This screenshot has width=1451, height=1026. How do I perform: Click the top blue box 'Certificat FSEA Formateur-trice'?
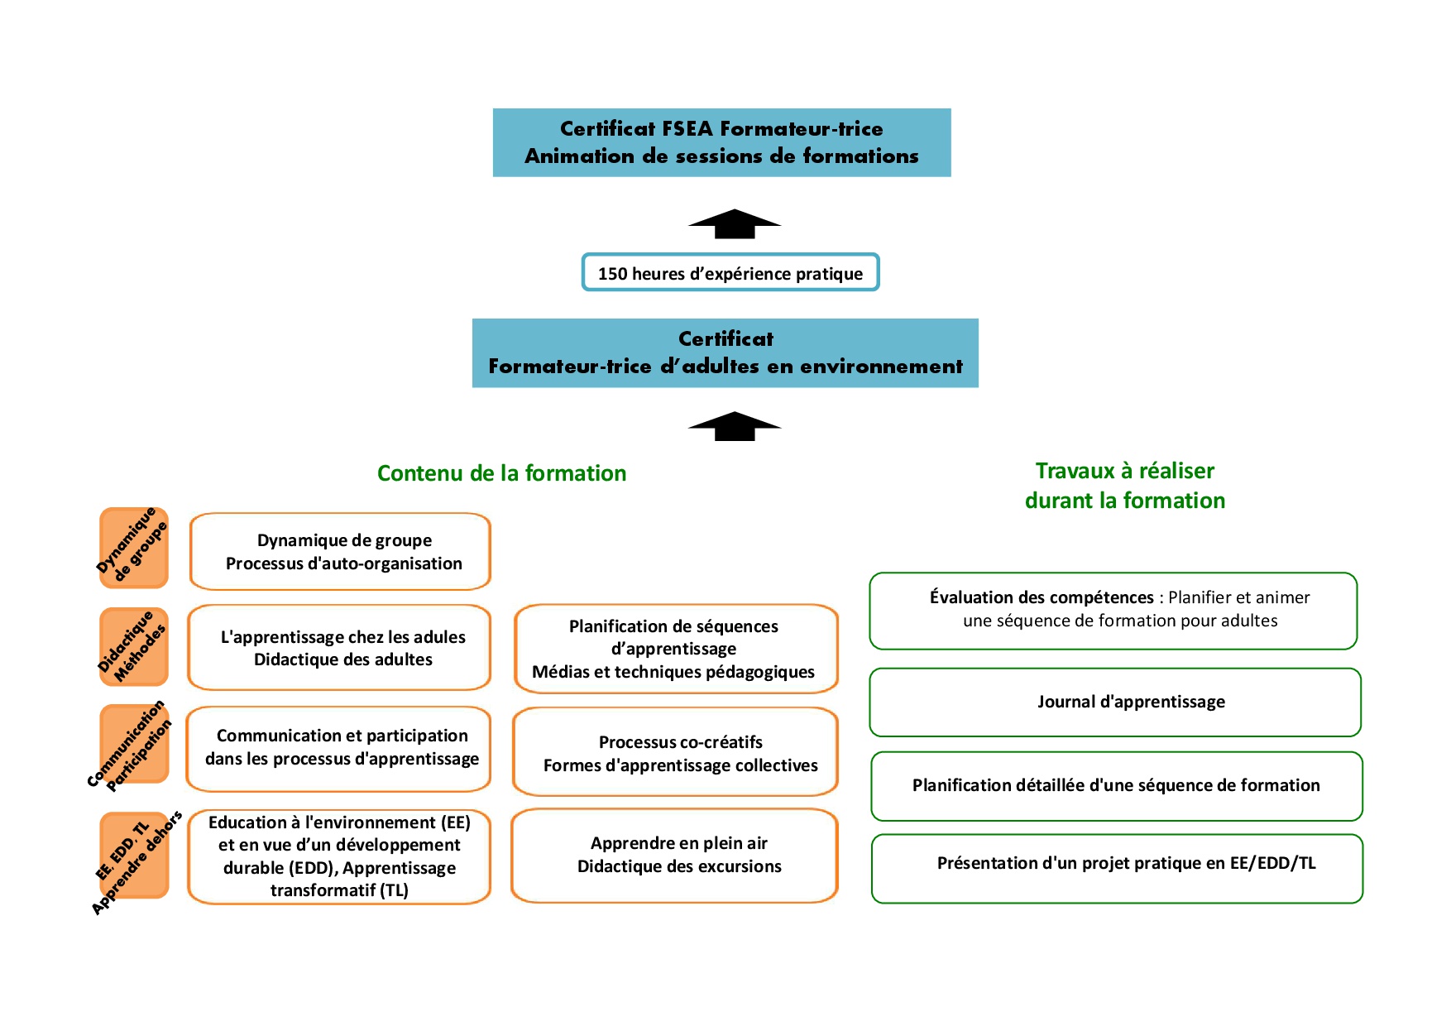721,142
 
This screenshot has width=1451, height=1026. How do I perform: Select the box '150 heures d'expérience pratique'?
730,272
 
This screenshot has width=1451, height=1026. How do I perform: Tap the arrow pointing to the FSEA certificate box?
735,224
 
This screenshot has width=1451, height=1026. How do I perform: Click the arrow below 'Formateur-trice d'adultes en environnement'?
735,426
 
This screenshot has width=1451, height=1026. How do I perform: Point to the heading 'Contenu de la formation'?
501,473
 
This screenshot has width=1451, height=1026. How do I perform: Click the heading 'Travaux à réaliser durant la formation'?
1125,485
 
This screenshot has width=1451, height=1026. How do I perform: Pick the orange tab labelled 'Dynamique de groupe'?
134,548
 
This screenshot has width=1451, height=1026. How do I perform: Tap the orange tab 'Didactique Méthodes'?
134,647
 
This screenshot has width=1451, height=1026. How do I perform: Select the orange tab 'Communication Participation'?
134,744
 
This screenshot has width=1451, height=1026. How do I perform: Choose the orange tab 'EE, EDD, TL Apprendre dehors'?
134,856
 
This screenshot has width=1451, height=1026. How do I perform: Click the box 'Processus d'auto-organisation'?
341,551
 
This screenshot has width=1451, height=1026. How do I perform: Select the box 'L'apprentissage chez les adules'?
339,647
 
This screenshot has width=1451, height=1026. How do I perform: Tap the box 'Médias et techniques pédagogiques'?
676,649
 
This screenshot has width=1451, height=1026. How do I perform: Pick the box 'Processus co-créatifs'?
675,752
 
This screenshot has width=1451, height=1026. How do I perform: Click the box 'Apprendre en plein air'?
675,856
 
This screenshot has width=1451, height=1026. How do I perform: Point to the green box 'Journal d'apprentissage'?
1115,702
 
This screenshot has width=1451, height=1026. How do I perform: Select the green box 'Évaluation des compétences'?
1113,611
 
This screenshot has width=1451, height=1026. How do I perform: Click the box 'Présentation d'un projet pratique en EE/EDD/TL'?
1117,869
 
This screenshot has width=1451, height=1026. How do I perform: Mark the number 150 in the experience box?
613,274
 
